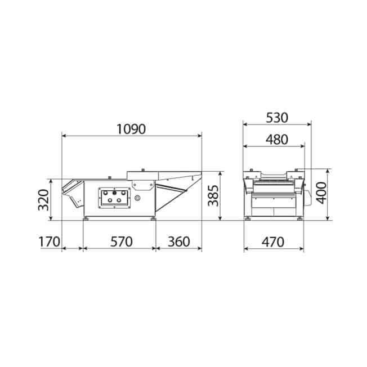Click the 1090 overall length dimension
pyautogui.click(x=131, y=129)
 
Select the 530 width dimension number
pyautogui.click(x=277, y=118)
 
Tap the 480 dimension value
pyautogui.click(x=276, y=140)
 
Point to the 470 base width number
pyautogui.click(x=273, y=242)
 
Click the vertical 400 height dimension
pyautogui.click(x=322, y=193)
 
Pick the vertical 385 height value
pyautogui.click(x=213, y=196)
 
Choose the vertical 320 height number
pyautogui.click(x=43, y=200)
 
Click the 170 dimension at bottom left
pyautogui.click(x=49, y=242)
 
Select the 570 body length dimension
pyautogui.click(x=121, y=242)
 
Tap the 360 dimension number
pyautogui.click(x=179, y=242)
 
